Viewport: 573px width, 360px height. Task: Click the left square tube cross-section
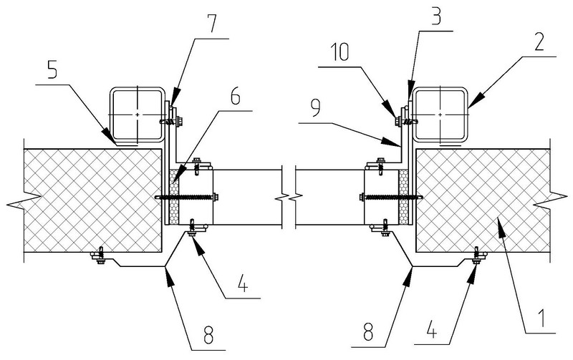coord(136,115)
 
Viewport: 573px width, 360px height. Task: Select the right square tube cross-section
coord(438,115)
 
